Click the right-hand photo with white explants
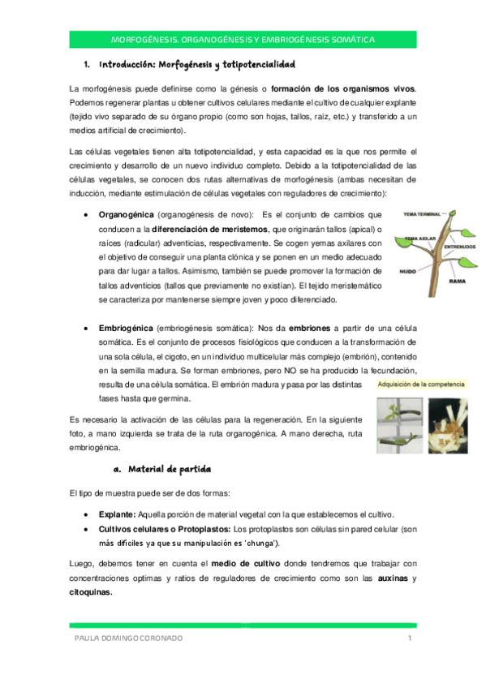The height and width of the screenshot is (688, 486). point(447,424)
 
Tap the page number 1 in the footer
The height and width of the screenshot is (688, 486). point(411,639)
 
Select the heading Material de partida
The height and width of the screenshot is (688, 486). point(170,470)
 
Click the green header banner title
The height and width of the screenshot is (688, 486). point(243,40)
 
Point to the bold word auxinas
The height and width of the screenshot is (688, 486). point(393,578)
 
